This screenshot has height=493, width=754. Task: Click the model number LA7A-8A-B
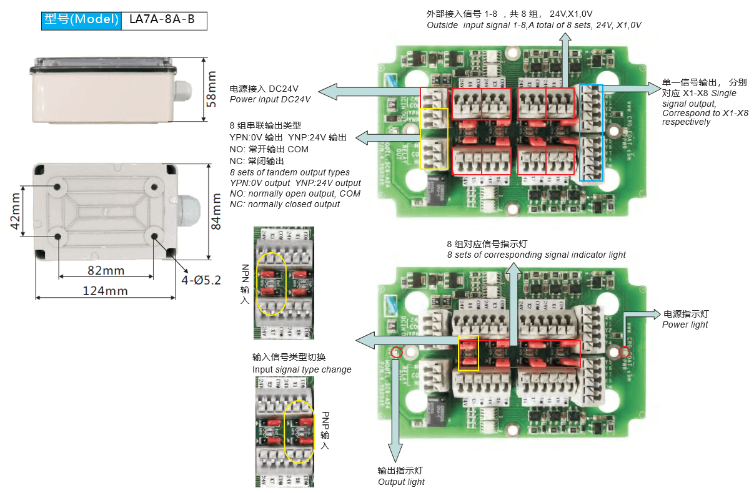(x=161, y=20)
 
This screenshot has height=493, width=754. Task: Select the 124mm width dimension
(x=105, y=291)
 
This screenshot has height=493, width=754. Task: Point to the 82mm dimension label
(x=105, y=271)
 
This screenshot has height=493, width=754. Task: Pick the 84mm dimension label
(x=216, y=211)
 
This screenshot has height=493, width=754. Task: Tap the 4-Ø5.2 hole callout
(x=201, y=280)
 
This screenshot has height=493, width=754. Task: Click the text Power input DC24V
(x=270, y=99)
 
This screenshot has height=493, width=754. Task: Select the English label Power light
(x=685, y=325)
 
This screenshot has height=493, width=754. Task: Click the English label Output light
(x=401, y=482)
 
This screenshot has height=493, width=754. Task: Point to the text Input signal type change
(x=302, y=369)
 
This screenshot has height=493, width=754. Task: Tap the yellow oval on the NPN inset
(x=272, y=283)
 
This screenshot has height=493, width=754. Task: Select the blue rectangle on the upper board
(x=592, y=133)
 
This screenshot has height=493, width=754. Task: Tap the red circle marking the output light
(x=395, y=353)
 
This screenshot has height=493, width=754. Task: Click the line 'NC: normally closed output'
(x=285, y=204)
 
